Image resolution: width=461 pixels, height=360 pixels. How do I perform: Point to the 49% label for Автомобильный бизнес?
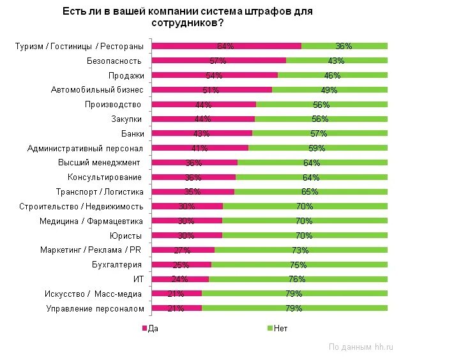[x=329, y=90]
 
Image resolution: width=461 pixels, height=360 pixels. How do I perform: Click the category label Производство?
[x=113, y=104]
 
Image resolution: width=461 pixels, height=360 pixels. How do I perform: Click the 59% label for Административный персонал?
[x=317, y=148]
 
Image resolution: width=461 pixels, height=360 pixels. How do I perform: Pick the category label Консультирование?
[x=105, y=177]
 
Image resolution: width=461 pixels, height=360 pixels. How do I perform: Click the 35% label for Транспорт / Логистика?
[x=192, y=191]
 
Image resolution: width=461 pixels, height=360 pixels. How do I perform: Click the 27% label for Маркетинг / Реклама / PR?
[x=183, y=250]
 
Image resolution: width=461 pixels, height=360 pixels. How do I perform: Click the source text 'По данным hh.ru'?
[x=361, y=347]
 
